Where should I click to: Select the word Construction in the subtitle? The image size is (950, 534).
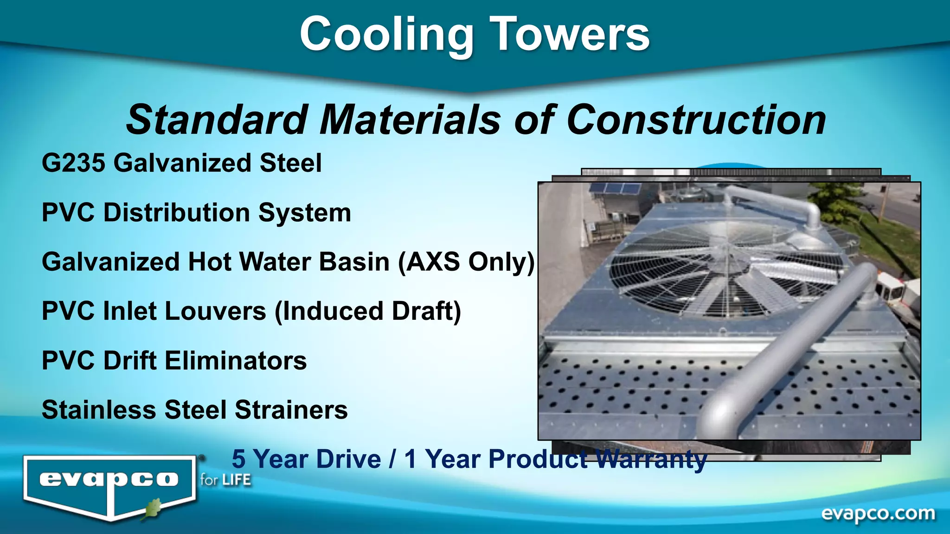pos(696,120)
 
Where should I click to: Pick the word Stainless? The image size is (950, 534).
pos(99,410)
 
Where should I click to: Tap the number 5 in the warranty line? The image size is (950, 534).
pos(238,459)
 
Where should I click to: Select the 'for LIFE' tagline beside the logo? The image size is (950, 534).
pos(225,480)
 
